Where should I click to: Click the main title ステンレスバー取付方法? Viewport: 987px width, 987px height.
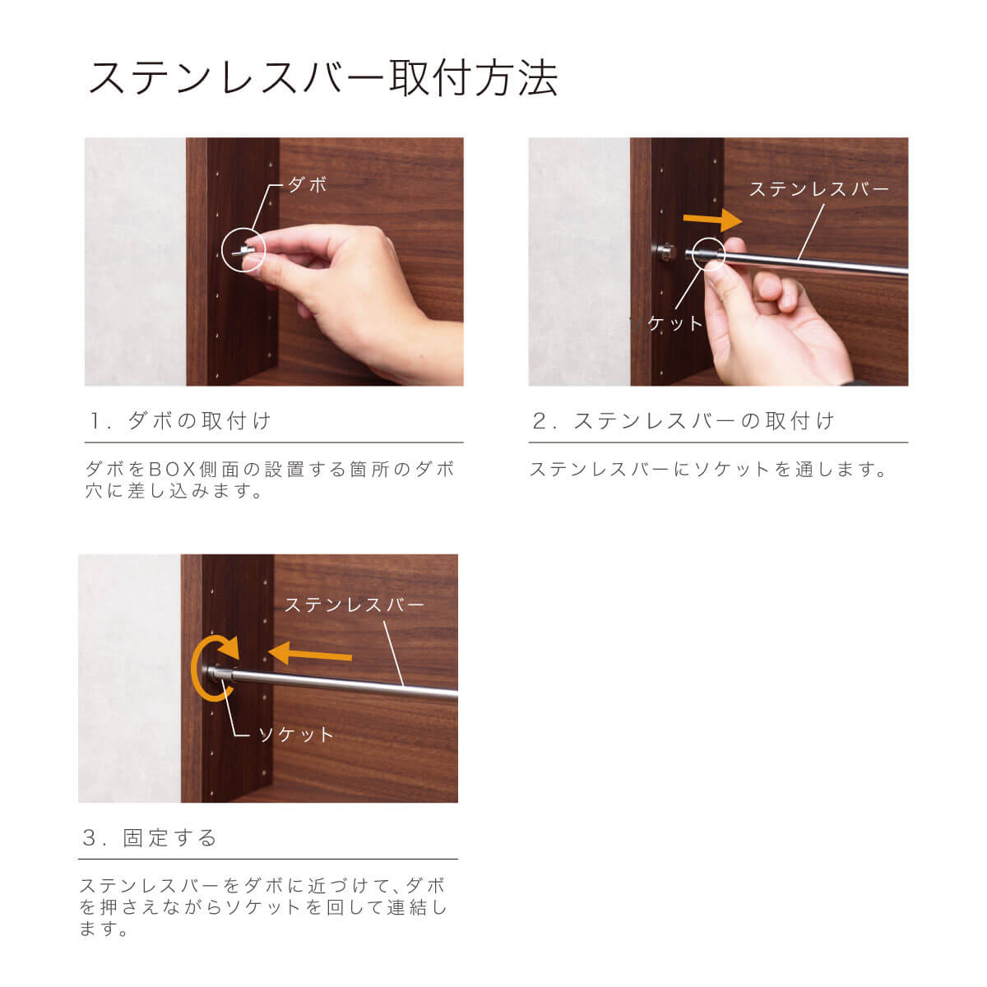tap(323, 79)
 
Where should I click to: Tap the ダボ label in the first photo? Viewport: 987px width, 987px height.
tap(307, 184)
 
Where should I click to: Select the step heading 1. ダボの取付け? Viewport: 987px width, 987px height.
tap(180, 420)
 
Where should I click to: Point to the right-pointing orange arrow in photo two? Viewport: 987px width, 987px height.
tap(712, 220)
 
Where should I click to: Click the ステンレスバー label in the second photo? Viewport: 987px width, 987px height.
tap(819, 189)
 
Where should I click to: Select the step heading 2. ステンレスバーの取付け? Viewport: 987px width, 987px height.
tap(683, 420)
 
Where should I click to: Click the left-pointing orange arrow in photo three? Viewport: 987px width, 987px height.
tap(310, 655)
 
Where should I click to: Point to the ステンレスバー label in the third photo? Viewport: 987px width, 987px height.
tap(354, 605)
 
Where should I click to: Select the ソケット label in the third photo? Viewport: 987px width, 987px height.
tap(295, 735)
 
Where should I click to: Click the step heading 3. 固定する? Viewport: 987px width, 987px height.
tap(150, 837)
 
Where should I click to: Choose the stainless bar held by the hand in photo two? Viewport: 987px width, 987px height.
tap(799, 262)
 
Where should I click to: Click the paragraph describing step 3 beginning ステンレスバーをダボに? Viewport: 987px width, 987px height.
tap(263, 907)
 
